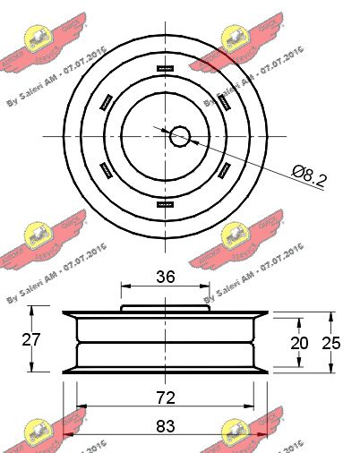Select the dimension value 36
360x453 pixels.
click(x=166, y=278)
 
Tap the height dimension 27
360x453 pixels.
click(x=32, y=339)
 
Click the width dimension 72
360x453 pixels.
click(x=166, y=395)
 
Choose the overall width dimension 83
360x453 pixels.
click(x=166, y=428)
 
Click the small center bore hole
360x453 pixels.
click(x=180, y=136)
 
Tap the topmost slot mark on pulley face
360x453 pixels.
click(x=165, y=68)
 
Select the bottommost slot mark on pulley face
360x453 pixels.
click(x=165, y=203)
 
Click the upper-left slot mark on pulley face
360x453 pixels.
click(x=107, y=101)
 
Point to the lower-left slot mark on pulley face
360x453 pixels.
click(x=107, y=170)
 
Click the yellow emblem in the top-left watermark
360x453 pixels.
click(x=40, y=38)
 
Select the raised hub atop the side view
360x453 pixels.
click(x=166, y=307)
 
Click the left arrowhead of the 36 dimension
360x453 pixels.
click(x=124, y=286)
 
